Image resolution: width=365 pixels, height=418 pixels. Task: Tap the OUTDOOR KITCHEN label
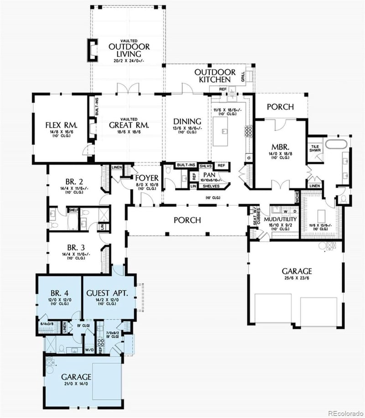coord(215,76)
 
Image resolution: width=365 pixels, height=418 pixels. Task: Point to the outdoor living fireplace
coord(92,51)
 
